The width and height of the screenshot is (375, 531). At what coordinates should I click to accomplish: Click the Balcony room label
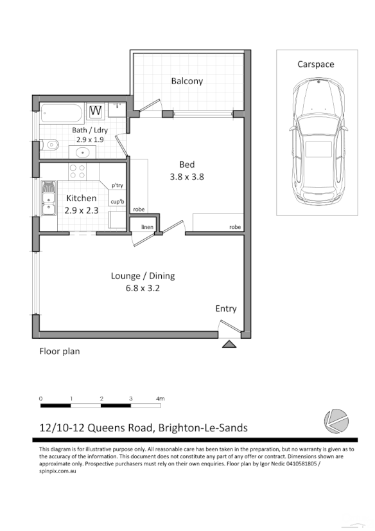[187, 81]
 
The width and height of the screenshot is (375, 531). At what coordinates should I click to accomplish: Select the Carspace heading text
[315, 64]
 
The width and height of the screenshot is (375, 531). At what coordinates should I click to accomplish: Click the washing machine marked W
[96, 111]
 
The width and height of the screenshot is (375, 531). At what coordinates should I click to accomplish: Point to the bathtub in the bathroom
[62, 114]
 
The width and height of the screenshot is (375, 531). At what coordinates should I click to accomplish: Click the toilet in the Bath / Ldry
[49, 145]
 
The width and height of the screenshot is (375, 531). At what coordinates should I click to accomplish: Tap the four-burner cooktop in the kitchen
[78, 170]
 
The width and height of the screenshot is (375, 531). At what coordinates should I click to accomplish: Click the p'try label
[117, 185]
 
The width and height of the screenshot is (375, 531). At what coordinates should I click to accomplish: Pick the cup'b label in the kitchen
[117, 201]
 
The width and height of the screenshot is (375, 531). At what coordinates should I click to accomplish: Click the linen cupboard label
[147, 227]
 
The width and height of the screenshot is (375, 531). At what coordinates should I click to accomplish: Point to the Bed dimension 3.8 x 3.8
[187, 177]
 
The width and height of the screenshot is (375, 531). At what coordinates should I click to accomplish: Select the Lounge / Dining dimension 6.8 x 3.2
[143, 288]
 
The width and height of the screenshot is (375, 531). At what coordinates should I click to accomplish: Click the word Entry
[225, 309]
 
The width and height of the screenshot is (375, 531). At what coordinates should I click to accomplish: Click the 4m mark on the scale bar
[160, 399]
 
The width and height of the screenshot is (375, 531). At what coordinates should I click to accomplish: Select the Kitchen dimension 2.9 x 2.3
[82, 210]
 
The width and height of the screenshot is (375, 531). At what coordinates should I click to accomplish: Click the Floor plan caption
[60, 352]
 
